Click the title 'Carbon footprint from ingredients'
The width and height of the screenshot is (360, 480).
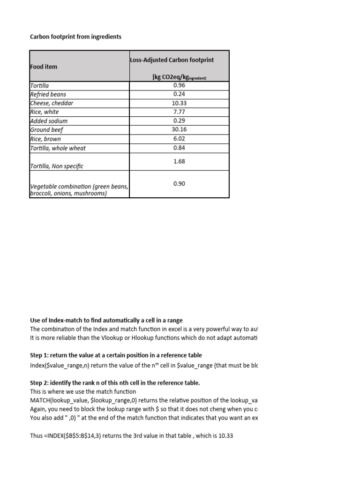(75, 37)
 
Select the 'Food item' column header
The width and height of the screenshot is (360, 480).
(44, 67)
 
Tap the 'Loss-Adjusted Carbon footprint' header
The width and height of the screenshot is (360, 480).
(172, 60)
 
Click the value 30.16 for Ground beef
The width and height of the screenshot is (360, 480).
(179, 130)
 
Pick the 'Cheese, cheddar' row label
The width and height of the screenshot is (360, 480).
(52, 103)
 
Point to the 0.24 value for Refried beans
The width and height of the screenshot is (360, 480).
(179, 94)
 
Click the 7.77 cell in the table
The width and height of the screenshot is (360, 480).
(179, 112)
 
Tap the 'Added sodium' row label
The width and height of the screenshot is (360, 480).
(48, 121)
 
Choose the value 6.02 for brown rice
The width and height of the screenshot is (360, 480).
(179, 139)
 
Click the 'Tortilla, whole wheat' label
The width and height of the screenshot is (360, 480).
(58, 148)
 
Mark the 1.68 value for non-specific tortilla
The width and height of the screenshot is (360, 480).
(179, 161)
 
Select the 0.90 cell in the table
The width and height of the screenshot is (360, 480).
(179, 184)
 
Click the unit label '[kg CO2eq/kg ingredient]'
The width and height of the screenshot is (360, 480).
(179, 77)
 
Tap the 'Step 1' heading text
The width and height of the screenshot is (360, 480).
(116, 355)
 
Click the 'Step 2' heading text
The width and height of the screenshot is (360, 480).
(115, 382)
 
